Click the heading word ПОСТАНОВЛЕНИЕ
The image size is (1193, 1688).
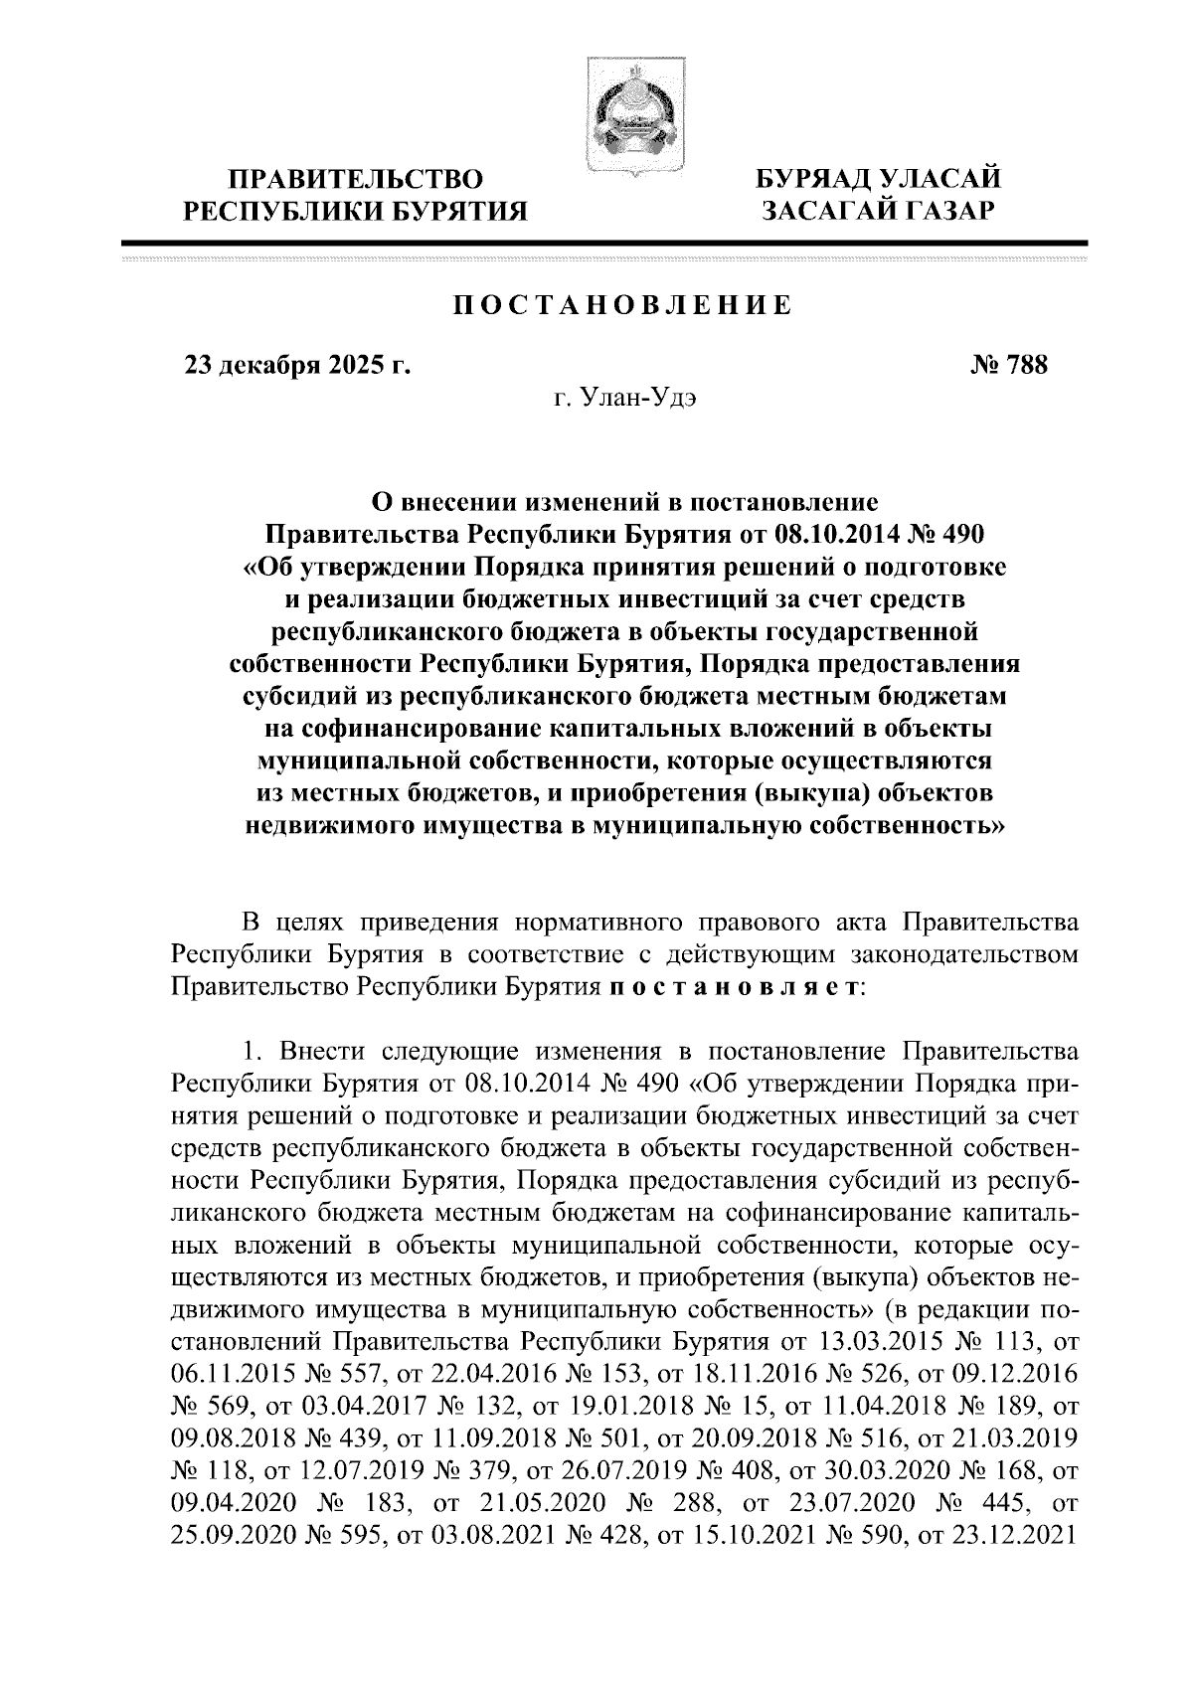(x=623, y=305)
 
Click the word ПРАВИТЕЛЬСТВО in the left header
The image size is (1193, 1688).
(x=357, y=179)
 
